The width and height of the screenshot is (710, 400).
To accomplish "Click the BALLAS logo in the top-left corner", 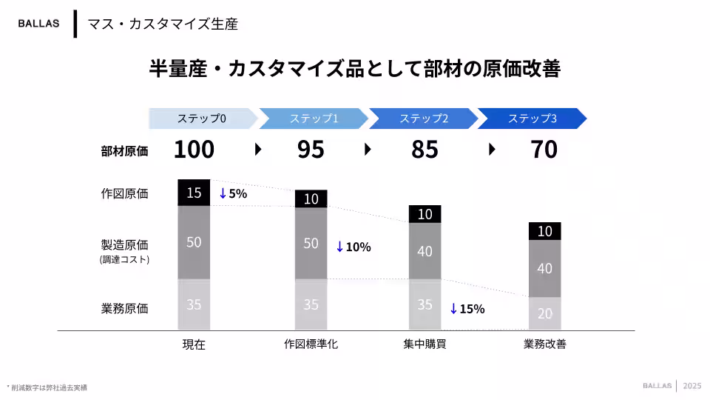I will (38, 23).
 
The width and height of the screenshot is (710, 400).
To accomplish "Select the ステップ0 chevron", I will (202, 119).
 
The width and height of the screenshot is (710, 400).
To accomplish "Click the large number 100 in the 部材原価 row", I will (194, 150).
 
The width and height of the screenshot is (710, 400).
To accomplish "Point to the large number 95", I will (311, 150).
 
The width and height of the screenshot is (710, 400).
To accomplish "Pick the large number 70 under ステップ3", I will (544, 150).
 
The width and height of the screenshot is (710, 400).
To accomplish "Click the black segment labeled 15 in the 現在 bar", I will (194, 193).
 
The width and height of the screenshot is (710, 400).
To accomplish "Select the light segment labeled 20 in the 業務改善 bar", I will (544, 313).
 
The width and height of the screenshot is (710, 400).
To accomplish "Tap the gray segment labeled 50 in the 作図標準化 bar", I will (311, 243).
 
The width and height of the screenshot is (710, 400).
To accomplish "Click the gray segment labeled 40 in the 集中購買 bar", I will (425, 251).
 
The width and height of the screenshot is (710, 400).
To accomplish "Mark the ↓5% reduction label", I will (233, 194).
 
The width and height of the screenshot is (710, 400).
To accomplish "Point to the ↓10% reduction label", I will (354, 247).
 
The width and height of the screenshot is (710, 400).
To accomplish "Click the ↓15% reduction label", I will (467, 309).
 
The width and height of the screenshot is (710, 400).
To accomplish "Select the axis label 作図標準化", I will (311, 344).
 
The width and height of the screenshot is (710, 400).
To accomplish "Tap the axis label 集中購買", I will (425, 344).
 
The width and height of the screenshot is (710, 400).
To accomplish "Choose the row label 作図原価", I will (124, 194).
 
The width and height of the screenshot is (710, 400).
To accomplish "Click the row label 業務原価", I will (124, 309).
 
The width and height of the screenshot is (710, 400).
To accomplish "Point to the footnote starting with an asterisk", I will (47, 387).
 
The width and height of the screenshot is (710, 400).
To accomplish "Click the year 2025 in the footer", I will (692, 386).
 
